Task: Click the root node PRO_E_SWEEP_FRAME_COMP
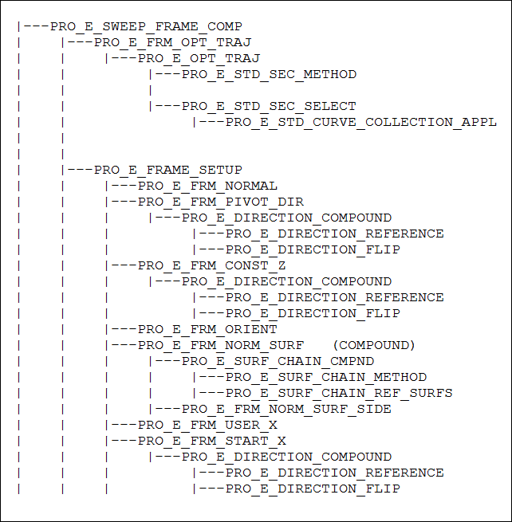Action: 146,26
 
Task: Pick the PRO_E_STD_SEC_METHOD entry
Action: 269,74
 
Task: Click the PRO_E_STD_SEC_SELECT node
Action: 269,106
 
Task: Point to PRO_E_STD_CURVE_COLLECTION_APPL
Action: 361,122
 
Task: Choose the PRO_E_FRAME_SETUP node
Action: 167,170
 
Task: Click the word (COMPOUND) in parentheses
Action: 374,345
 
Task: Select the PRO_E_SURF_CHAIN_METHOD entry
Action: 326,377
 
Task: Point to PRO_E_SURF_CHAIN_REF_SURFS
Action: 339,393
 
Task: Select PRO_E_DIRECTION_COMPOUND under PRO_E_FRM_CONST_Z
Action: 286,281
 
